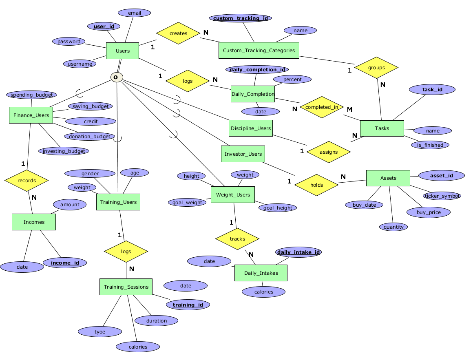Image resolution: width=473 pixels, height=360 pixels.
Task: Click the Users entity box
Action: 122,51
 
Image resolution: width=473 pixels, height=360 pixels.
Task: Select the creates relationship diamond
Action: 178,33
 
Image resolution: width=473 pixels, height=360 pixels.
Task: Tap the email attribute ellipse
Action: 134,13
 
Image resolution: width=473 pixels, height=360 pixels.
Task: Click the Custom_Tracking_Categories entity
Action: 259,51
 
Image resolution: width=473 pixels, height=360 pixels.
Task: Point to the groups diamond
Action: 376,68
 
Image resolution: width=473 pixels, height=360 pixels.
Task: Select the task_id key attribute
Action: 432,90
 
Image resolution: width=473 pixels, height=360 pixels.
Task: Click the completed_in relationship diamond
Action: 322,107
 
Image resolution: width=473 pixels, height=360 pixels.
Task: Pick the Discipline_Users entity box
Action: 251,128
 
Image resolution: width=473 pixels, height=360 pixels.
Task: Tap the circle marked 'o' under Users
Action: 117,77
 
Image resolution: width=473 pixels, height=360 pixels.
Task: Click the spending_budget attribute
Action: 32,95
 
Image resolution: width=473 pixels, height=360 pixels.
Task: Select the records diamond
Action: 27,181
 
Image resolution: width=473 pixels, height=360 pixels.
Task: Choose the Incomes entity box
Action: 34,222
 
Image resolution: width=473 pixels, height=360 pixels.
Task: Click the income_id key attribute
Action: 65,263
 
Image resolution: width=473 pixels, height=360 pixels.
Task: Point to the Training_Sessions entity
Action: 126,287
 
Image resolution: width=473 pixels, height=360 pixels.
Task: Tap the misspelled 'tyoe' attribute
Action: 100,332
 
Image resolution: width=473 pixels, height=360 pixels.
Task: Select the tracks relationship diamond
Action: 237,239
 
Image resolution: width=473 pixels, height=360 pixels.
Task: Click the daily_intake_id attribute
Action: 298,252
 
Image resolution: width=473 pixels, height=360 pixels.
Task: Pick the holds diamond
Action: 316,185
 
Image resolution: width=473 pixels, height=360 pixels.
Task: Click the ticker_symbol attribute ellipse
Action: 442,196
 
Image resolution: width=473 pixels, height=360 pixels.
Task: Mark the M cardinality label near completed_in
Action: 349,109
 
